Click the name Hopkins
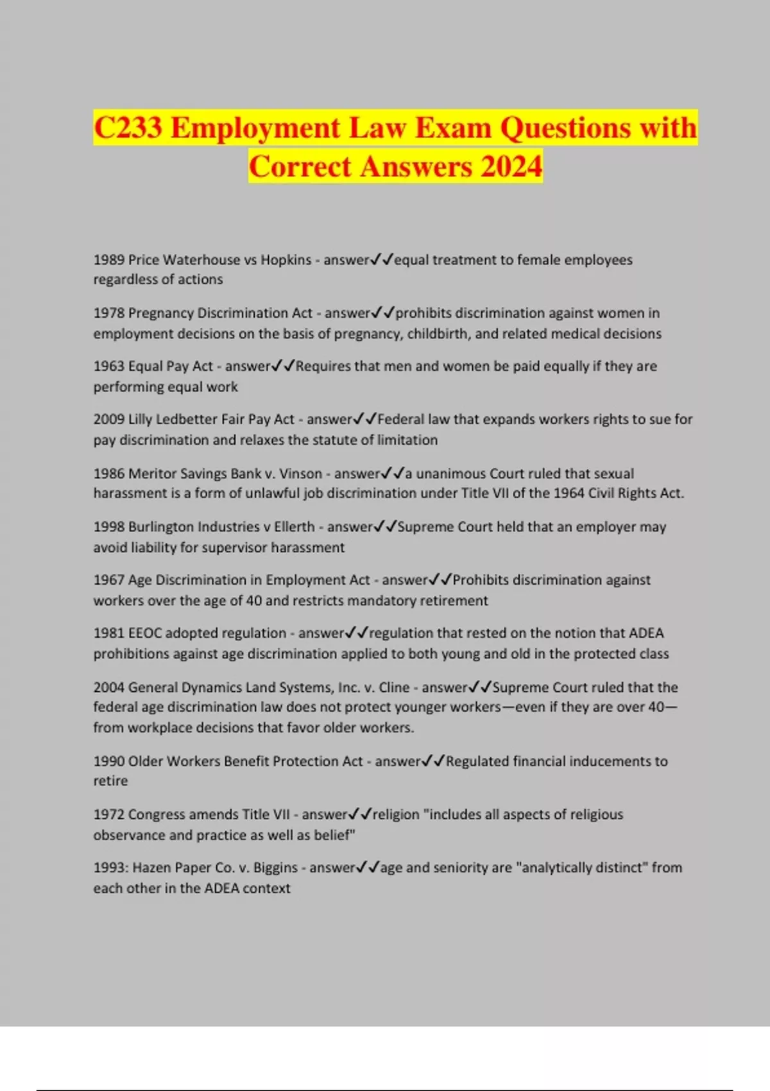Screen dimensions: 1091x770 pos(286,260)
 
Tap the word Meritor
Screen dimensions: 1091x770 pos(151,474)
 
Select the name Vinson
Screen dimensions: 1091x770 pos(301,474)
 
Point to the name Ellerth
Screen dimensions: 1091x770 pos(294,527)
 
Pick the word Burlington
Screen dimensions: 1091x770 pos(160,527)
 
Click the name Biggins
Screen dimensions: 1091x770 pos(277,868)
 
